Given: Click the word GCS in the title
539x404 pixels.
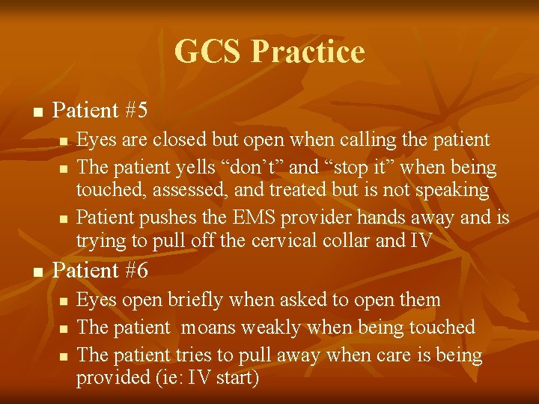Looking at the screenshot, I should pos(209,52).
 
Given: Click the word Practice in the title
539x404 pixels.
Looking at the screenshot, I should pos(308,52).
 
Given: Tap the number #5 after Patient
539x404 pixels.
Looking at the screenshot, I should pos(136,111).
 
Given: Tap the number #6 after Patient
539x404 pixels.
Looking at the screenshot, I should pos(136,271).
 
